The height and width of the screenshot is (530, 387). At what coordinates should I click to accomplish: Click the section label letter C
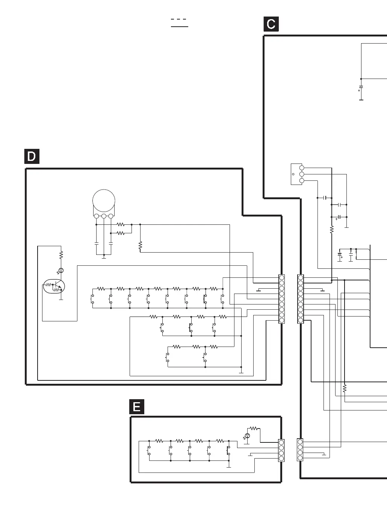(271, 24)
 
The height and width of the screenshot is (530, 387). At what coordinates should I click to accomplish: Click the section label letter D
(32, 156)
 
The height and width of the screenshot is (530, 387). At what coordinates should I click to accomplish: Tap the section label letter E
(137, 407)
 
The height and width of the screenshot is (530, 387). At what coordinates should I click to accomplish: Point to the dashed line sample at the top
(179, 19)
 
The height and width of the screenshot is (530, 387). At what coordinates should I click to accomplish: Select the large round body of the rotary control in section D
(104, 201)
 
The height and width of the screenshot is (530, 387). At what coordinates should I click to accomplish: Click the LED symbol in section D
(61, 270)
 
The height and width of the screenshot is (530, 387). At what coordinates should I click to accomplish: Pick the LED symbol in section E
(247, 436)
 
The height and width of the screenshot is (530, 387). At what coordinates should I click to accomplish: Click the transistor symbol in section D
(54, 287)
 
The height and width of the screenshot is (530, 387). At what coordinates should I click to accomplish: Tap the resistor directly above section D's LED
(61, 255)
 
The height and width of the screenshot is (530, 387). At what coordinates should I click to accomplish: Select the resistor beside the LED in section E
(254, 428)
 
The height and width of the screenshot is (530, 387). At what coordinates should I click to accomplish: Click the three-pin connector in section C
(301, 174)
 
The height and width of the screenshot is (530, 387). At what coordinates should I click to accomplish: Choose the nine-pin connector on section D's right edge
(282, 299)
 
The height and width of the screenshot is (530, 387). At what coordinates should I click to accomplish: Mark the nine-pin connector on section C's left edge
(300, 299)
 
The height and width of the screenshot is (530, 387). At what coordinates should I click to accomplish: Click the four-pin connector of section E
(281, 451)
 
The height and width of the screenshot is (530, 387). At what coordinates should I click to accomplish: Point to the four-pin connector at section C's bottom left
(300, 450)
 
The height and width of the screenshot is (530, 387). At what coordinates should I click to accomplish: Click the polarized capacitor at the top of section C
(361, 88)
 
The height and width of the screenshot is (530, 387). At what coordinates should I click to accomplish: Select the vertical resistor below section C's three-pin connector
(332, 229)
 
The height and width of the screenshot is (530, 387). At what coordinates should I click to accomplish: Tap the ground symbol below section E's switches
(229, 466)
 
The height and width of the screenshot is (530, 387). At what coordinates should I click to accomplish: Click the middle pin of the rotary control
(104, 216)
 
